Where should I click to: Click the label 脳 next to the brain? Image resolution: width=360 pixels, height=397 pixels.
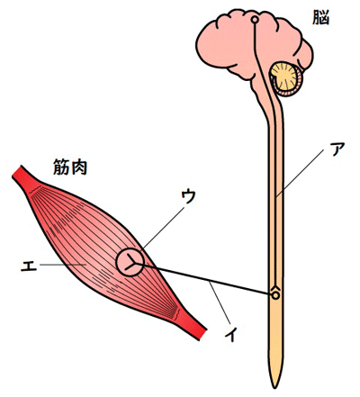point(321,18)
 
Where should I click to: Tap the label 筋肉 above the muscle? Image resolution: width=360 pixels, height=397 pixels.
point(70,167)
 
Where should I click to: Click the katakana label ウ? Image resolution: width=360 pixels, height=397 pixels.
point(188,197)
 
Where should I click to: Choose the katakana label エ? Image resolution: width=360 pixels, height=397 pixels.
point(29,265)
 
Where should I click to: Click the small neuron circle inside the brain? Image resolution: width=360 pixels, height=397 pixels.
point(255,20)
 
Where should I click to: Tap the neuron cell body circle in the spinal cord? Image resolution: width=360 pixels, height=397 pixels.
point(275,295)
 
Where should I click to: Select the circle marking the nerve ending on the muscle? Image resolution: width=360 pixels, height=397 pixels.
point(117,263)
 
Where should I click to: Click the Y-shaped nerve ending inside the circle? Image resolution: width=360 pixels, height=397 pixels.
point(130,262)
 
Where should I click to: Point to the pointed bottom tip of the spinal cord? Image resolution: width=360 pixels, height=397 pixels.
point(274,388)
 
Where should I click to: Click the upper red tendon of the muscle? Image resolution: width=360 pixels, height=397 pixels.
point(25,179)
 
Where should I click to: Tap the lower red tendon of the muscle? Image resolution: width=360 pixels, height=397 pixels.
point(193,326)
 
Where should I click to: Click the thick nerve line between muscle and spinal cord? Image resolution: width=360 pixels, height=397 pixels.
point(204,279)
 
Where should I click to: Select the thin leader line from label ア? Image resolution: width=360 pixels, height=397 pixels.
point(301,173)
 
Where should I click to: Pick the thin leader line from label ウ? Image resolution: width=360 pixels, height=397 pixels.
point(163,228)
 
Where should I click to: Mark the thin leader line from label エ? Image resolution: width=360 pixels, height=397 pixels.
point(63,265)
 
